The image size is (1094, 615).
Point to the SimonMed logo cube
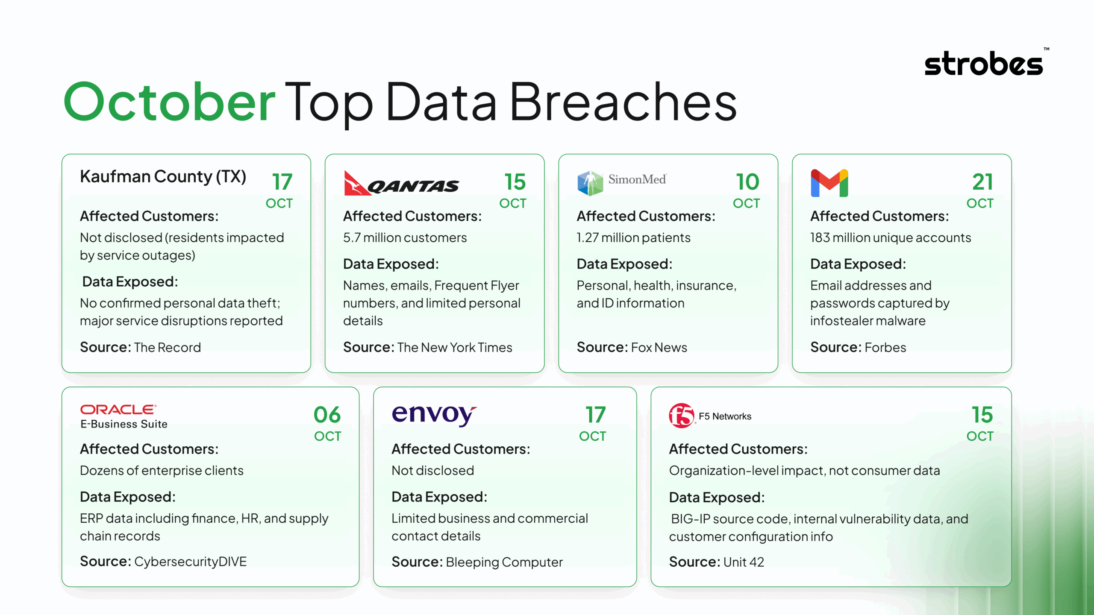coord(590,183)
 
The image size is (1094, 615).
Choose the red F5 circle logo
coord(681,415)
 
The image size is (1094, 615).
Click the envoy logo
coord(434,414)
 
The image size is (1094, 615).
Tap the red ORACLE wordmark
coord(118,410)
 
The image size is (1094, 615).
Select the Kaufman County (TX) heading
coord(163,176)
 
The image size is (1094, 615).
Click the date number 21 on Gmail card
coord(982,182)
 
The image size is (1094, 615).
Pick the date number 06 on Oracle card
coord(327,415)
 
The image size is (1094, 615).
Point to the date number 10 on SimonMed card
coord(747,182)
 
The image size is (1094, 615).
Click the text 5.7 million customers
coord(405,237)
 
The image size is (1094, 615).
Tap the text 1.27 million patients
coord(633,237)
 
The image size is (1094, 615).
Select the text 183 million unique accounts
coord(891,237)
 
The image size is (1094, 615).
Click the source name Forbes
coord(885,347)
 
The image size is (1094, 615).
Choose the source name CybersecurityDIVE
coord(190,561)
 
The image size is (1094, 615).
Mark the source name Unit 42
coord(743,562)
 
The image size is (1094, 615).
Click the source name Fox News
coord(659,347)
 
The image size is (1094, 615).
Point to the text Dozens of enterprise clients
coord(162,470)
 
